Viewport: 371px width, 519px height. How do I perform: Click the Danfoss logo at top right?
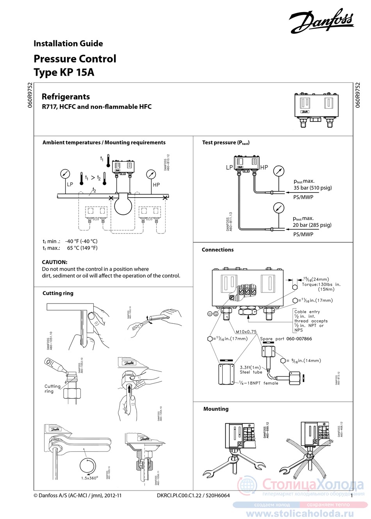[x=321, y=21]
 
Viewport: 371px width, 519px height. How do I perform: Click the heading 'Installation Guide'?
[x=68, y=44]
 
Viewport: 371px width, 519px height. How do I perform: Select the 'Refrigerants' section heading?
[x=66, y=97]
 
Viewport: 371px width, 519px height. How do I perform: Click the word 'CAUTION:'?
[x=55, y=262]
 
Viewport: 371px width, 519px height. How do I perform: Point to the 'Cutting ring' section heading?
[x=58, y=293]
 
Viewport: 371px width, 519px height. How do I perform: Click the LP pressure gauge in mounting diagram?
[x=65, y=174]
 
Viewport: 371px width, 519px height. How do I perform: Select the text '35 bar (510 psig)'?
[x=312, y=188]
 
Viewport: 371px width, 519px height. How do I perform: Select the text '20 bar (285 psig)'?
[x=312, y=225]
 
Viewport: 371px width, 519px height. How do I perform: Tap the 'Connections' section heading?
[x=218, y=250]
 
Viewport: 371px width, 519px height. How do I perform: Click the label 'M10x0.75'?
[x=246, y=332]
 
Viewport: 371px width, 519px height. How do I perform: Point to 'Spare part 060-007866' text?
[x=286, y=339]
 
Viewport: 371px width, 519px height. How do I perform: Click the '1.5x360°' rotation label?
[x=89, y=478]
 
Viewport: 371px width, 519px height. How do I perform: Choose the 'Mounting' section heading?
[x=216, y=409]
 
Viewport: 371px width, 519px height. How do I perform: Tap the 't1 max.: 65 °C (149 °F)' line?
[x=70, y=248]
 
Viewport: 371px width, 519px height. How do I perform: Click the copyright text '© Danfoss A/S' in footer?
[x=77, y=496]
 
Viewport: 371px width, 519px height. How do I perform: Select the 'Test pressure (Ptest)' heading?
[x=225, y=143]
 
